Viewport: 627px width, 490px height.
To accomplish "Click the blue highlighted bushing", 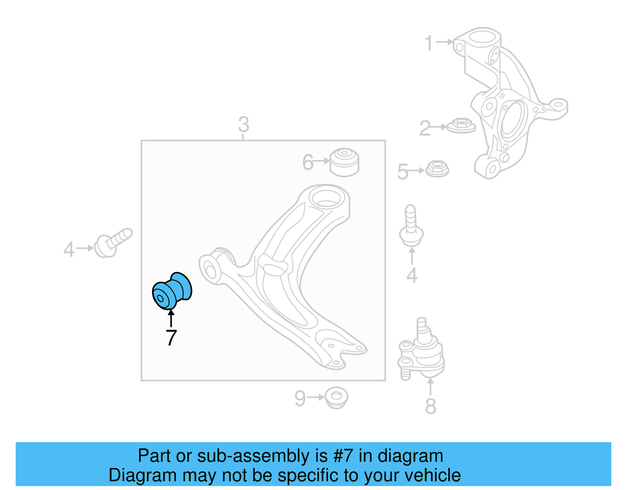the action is (x=172, y=290).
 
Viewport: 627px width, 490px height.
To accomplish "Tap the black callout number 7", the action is (x=171, y=337).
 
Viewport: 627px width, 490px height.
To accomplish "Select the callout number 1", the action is (x=429, y=43).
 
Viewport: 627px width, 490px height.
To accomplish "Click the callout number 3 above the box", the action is (x=244, y=124).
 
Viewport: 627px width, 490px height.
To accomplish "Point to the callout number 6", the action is (x=308, y=162).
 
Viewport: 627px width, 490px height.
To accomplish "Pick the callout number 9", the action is (x=300, y=399).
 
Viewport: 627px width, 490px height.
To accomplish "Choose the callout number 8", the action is (x=431, y=406).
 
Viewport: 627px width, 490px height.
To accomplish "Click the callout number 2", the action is (x=425, y=128).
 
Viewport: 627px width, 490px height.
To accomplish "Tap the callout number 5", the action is (x=403, y=172).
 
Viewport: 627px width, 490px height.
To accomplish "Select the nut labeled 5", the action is (x=437, y=169).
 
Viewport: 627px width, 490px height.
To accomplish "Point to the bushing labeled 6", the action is (x=344, y=162).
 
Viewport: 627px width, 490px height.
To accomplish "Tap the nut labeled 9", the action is (x=336, y=397).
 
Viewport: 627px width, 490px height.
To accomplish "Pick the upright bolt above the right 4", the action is (x=411, y=226).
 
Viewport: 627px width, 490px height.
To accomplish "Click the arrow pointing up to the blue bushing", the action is (x=171, y=318).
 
